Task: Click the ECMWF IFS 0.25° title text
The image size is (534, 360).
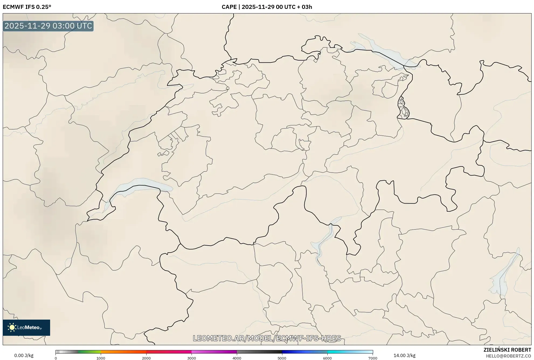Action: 27,7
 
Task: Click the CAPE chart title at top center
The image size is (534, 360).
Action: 267,7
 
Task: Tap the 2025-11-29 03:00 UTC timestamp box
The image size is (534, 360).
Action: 48,26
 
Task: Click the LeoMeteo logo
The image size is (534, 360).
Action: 26,327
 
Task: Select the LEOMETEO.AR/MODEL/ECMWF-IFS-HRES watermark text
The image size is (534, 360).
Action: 267,338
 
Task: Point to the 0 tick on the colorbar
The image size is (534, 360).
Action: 56,358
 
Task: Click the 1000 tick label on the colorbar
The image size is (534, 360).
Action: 101,358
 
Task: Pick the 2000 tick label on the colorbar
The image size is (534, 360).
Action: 146,358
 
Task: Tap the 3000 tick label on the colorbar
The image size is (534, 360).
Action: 192,358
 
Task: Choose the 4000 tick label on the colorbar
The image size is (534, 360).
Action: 237,358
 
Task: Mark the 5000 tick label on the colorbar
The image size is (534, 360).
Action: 282,358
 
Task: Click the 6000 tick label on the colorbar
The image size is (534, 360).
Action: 327,358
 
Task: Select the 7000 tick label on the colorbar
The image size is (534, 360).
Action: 373,358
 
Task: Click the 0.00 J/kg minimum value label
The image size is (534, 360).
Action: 24,355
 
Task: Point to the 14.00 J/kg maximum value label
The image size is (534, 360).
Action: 404,355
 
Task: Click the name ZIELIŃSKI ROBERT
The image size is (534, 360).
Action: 507,350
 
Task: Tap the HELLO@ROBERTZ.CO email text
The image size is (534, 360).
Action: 508,356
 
